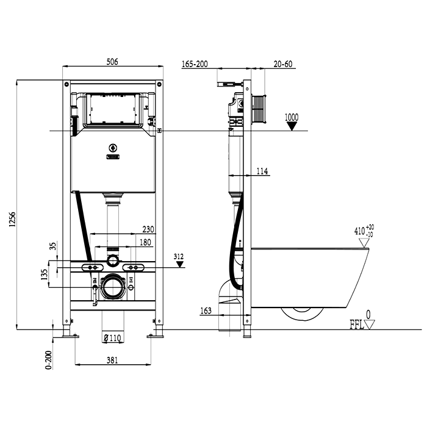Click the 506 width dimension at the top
pos(112,62)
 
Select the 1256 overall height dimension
pos(13,219)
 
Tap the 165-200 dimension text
pos(195,64)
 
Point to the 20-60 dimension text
pos(283,64)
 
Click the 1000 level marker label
pos(292,117)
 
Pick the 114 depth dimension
pos(262,171)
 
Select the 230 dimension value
pos(148,229)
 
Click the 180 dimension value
pos(145,242)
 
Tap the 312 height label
pos(178,257)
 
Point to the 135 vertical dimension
pos(44,274)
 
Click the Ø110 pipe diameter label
pos(112,338)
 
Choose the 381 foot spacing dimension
pos(112,361)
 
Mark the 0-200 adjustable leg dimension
pos(48,360)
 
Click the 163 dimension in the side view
pos(206,310)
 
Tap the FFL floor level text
pos(357,325)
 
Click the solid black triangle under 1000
pos(292,126)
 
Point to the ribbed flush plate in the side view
pos(258,109)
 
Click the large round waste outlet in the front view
pos(113,287)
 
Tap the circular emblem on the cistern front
pos(113,148)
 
